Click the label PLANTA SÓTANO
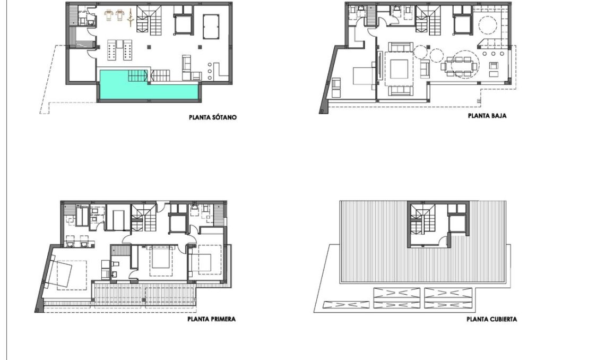click(x=212, y=117)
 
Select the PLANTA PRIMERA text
click(x=211, y=319)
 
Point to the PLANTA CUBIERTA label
click(x=491, y=319)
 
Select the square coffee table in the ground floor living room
click(x=400, y=69)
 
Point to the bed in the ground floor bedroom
click(x=364, y=76)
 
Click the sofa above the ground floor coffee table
click(x=400, y=49)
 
